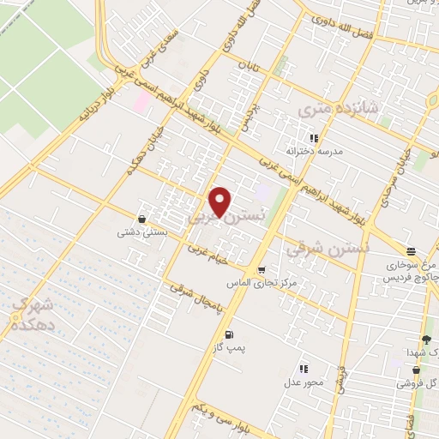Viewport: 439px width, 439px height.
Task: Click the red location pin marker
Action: coord(220,201)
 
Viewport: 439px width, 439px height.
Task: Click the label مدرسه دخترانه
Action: coord(314,150)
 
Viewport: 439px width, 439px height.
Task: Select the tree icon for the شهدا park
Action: coord(426,340)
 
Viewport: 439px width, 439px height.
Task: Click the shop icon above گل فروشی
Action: coord(417,370)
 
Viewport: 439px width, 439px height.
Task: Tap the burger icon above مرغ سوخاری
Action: coord(412,252)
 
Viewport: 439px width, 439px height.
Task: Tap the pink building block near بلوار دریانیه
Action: coord(141,102)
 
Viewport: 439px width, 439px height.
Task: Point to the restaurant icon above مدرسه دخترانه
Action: coord(314,137)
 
